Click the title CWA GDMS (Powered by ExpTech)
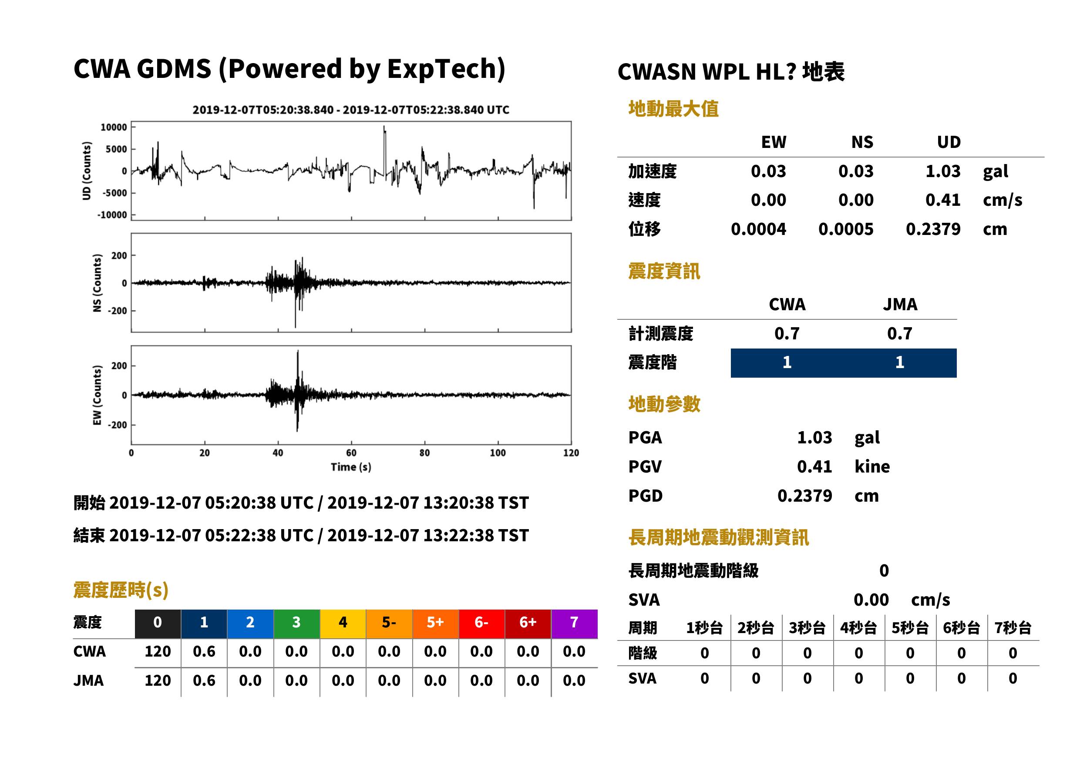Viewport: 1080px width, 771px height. pos(289,69)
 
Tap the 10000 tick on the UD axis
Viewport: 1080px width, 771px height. pos(114,127)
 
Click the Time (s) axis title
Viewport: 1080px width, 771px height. pos(351,467)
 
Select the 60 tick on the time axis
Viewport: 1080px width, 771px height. pos(351,453)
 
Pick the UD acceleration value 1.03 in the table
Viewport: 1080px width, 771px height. pos(943,171)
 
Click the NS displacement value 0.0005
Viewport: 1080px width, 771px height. pos(845,229)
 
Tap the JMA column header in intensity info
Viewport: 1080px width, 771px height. pos(900,304)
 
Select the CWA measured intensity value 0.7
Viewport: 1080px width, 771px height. pos(787,334)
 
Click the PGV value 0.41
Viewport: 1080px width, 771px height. pos(814,467)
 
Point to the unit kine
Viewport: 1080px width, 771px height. pos(872,467)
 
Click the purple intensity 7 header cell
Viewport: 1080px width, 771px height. pos(574,622)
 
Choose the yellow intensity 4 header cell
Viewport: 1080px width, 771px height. pos(343,622)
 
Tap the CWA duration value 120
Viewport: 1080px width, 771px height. pos(158,651)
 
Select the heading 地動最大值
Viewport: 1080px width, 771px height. pos(673,109)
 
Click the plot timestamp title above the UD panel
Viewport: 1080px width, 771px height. pos(351,110)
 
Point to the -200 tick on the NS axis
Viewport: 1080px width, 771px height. pos(117,311)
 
